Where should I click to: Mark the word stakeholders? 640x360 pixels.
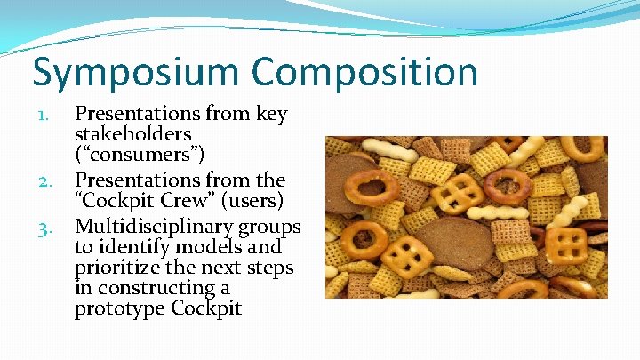point(133,135)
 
